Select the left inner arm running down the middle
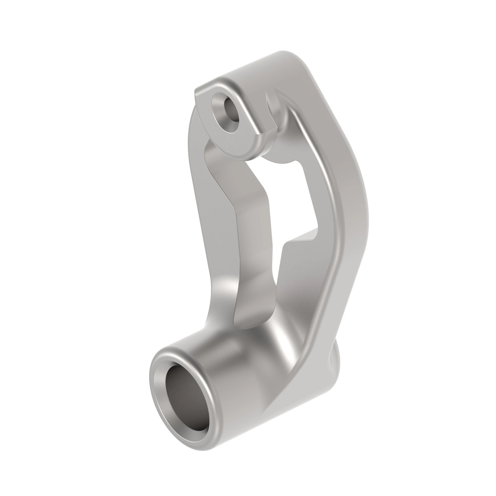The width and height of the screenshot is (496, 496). [x=247, y=231]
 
